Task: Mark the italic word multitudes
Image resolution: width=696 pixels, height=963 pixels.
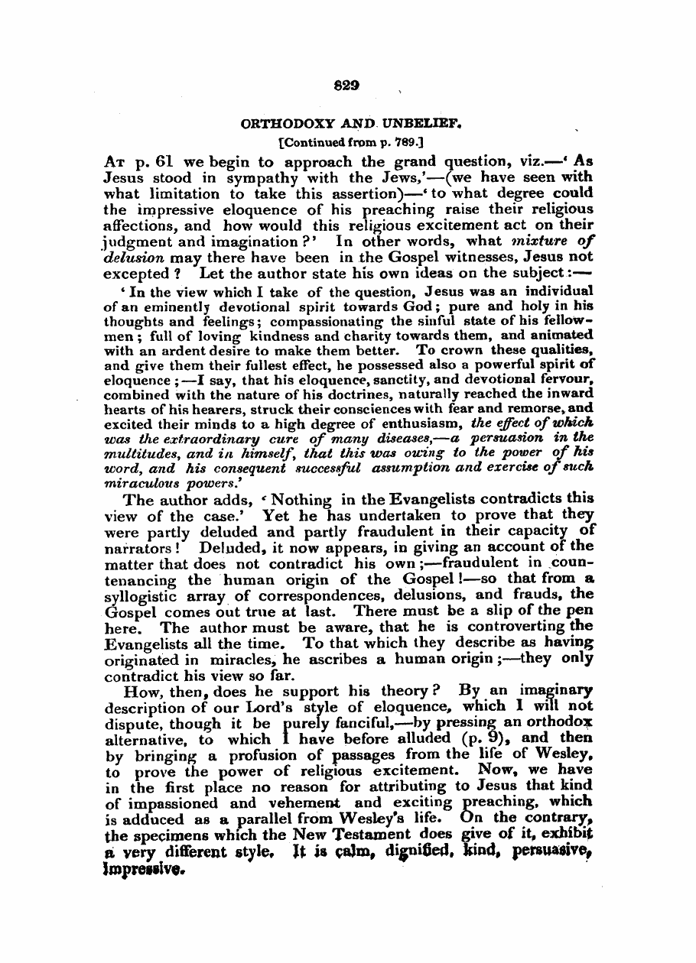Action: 137,449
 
